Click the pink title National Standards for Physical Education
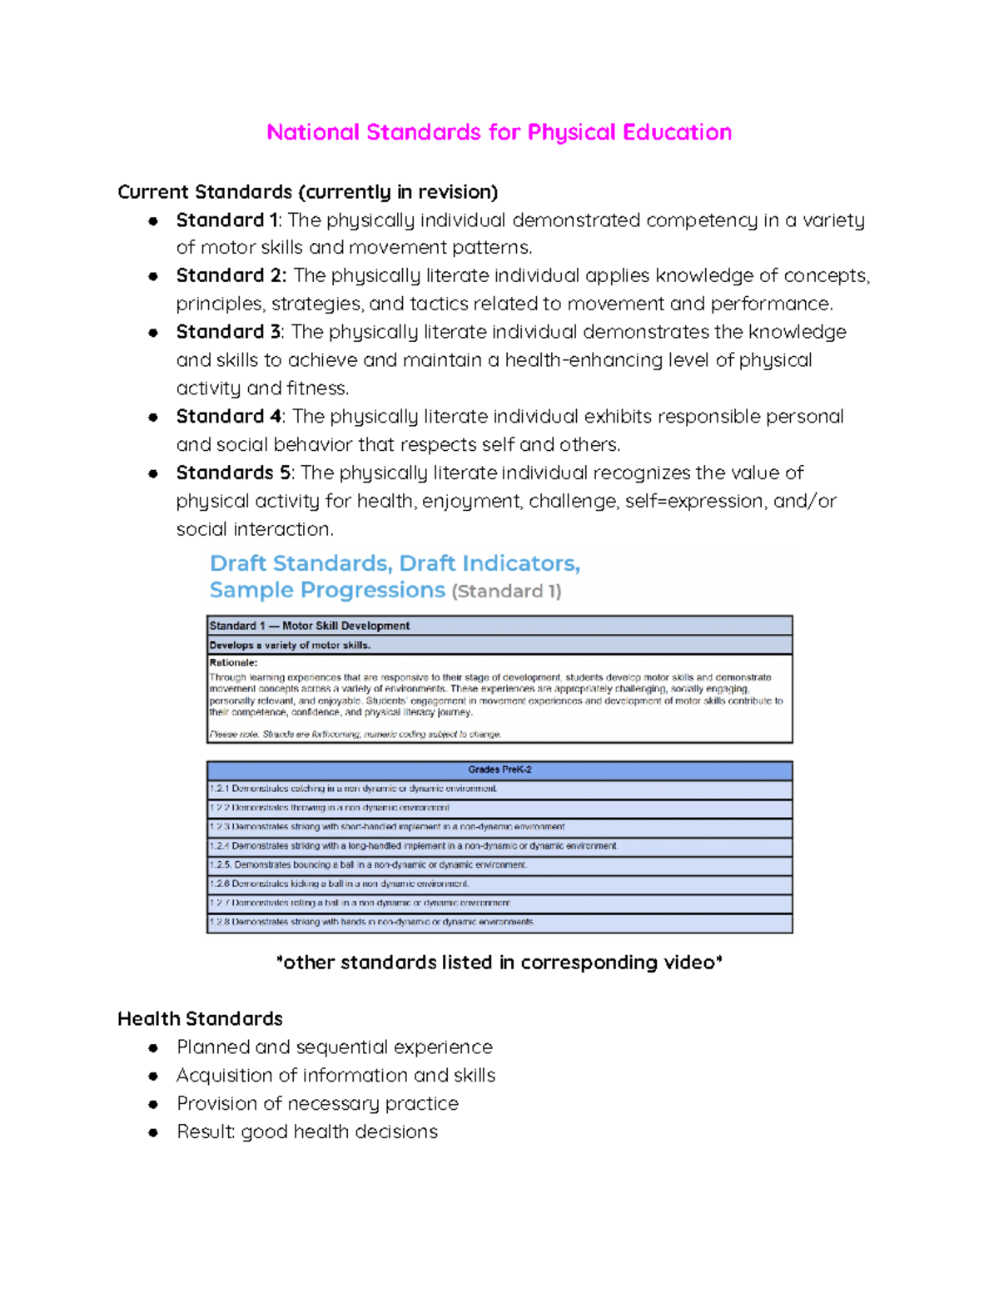point(499,132)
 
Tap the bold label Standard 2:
point(231,275)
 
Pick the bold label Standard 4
point(229,417)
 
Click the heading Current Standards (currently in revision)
point(307,192)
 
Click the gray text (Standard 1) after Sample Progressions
point(506,592)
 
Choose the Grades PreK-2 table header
point(499,770)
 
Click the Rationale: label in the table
point(233,663)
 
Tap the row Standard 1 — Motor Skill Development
point(310,626)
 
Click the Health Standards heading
point(200,1019)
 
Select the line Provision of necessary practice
point(317,1104)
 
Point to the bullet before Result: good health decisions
point(153,1132)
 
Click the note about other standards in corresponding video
point(499,963)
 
